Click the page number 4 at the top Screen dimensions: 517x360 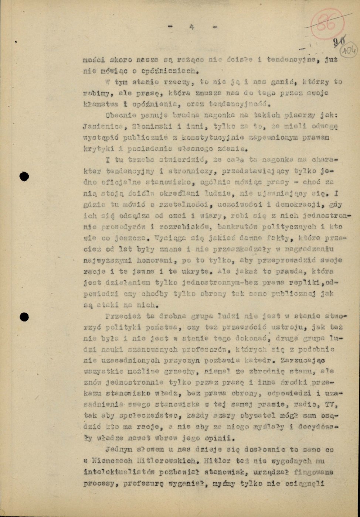[x=192, y=26]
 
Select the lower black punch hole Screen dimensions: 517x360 [x=24, y=317]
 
